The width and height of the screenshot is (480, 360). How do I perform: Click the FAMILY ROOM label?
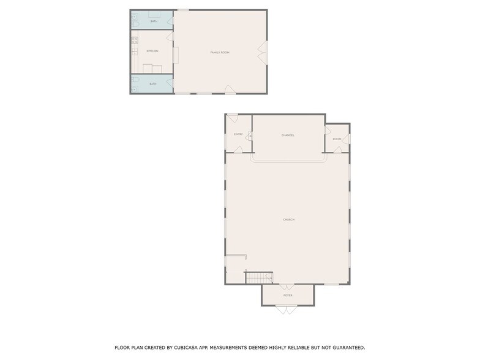click(220, 53)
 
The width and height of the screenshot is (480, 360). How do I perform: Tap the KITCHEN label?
click(152, 51)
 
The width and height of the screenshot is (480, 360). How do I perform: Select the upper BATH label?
click(153, 21)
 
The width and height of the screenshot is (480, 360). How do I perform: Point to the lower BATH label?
click(153, 84)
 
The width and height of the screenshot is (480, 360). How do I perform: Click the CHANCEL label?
click(288, 135)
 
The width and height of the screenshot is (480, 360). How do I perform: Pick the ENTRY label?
click(238, 134)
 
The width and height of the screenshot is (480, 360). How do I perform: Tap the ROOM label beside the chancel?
click(337, 139)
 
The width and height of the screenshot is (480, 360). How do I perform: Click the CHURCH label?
click(288, 219)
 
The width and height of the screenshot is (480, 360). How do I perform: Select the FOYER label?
click(288, 295)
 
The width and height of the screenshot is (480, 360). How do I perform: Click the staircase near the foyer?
click(259, 279)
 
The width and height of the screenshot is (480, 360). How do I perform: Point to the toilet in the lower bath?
click(134, 84)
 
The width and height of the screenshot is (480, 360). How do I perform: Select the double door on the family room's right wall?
click(263, 52)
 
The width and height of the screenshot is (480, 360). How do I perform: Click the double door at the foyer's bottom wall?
click(283, 309)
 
